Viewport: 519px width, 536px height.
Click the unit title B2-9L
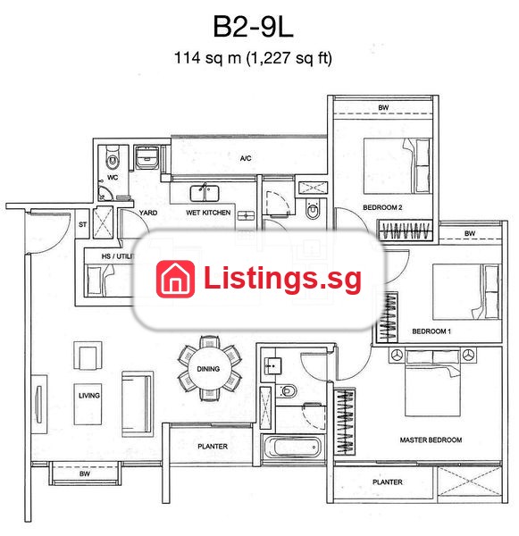tap(254, 27)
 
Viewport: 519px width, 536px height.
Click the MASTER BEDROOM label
tap(431, 440)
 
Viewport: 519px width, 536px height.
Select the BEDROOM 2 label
tap(382, 207)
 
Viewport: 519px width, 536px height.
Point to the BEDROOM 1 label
tap(431, 331)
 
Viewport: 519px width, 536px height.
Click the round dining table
tap(208, 368)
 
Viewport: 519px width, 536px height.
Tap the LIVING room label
tap(89, 396)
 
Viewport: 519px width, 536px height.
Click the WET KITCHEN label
tap(208, 213)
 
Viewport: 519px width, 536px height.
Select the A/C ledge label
tap(246, 158)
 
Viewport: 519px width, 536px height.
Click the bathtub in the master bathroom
tap(293, 448)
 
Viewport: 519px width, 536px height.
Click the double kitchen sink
tap(205, 193)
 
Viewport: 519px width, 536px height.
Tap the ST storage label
tap(82, 224)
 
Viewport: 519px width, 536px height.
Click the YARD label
tap(148, 213)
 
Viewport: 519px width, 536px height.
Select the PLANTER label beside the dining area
tap(213, 447)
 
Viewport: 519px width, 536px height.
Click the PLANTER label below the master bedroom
tap(388, 482)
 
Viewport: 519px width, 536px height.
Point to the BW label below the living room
tap(85, 473)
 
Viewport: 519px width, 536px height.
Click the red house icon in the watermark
tap(175, 279)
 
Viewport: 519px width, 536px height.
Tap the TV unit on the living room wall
tap(39, 405)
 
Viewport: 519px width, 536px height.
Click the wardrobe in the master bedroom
tap(345, 422)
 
